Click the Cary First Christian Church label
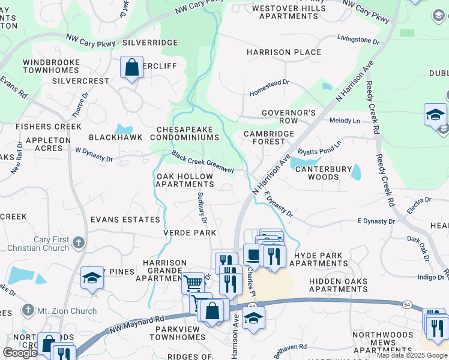51,244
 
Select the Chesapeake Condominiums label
188,133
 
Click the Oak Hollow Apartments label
184,181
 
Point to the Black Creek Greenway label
202,162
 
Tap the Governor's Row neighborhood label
288,116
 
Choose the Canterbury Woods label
324,173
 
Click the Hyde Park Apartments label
318,259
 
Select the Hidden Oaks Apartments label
339,285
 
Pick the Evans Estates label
125,220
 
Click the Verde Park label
189,232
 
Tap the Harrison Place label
284,52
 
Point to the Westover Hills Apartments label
288,12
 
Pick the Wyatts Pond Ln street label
319,148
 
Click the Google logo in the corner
20,352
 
